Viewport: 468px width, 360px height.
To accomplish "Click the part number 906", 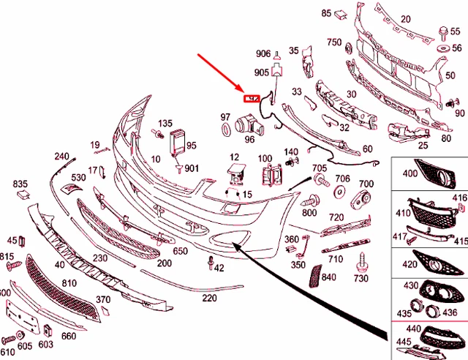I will point(263,54).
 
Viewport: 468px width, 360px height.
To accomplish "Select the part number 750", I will point(334,42).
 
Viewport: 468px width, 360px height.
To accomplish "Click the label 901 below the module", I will point(192,169).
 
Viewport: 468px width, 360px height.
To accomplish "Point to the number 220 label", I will point(210,298).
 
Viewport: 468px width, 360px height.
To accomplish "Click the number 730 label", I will point(361,279).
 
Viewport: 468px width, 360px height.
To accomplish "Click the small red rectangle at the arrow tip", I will point(252,98).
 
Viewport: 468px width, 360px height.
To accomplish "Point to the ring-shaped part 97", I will point(227,130).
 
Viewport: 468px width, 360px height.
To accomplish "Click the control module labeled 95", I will point(178,141).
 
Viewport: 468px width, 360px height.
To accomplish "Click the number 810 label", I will point(69,282).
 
